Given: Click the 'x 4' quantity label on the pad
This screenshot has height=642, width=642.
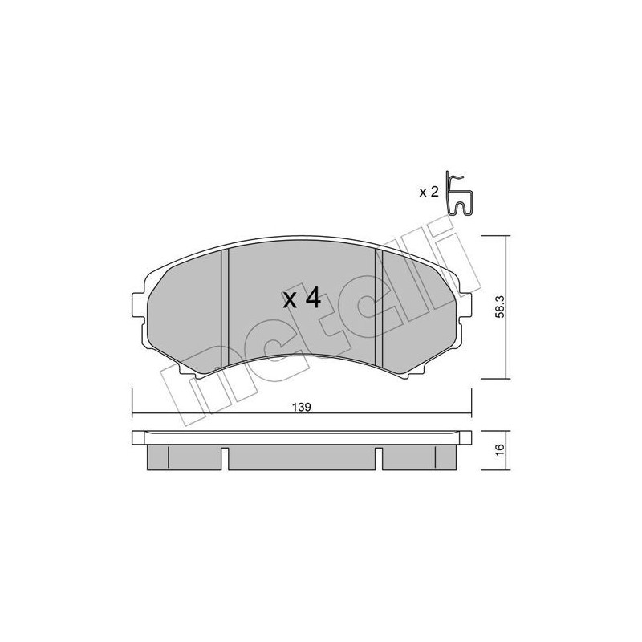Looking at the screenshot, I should [x=302, y=300].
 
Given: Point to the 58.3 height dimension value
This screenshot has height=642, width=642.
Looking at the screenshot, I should [x=499, y=306].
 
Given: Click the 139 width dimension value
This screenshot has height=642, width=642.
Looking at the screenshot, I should [x=303, y=406].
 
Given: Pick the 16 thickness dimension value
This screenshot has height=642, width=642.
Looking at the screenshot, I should [x=499, y=450].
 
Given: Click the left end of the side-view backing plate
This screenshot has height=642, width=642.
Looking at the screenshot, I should [x=135, y=438].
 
